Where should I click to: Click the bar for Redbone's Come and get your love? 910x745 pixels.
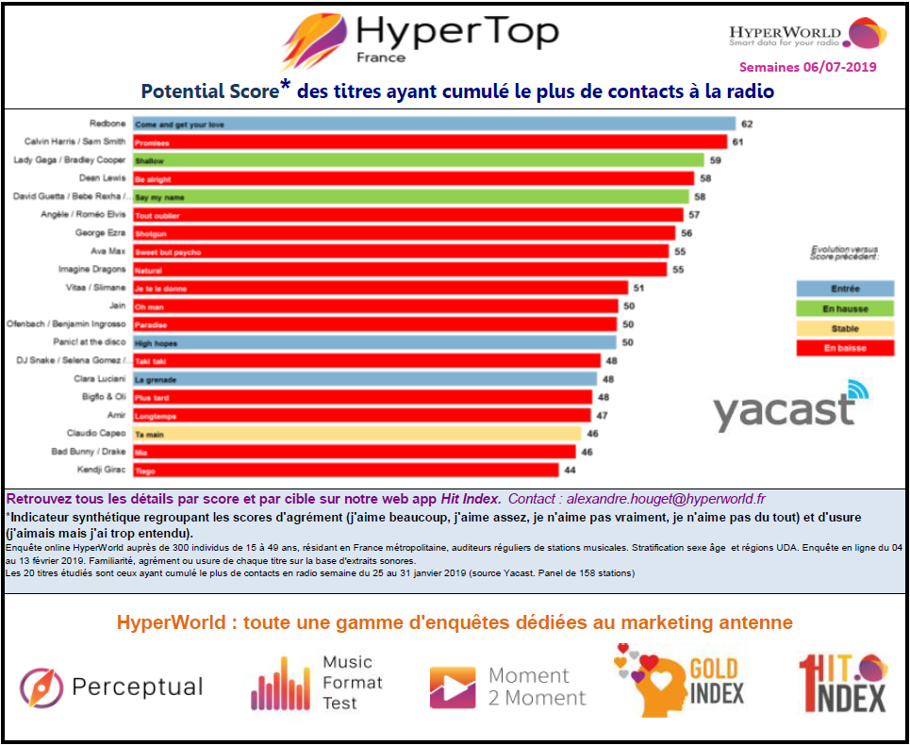(433, 124)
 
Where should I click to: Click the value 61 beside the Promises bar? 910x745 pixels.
(738, 142)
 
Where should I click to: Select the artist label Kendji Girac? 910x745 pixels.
(101, 470)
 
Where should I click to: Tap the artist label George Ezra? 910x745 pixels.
(100, 233)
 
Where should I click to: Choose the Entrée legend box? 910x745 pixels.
(845, 289)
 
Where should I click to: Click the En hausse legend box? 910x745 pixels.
(845, 308)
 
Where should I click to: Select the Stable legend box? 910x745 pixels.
(845, 328)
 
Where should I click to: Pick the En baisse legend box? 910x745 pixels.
(845, 348)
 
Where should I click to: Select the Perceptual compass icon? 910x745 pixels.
(41, 687)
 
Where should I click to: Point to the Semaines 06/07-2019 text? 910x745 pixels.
(807, 67)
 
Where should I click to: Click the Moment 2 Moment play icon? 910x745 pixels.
(453, 687)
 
